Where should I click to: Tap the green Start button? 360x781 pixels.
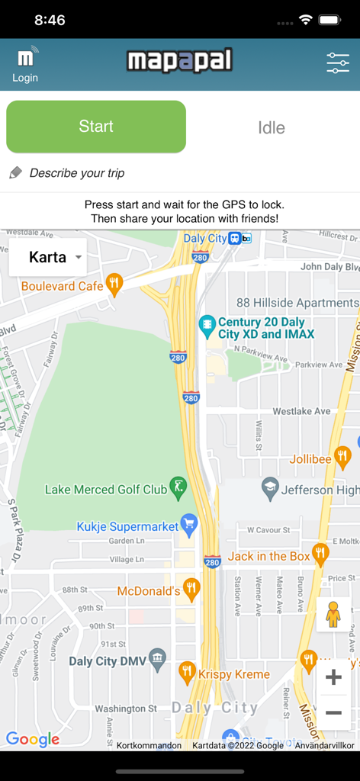(96, 127)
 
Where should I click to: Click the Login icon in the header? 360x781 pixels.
(25, 65)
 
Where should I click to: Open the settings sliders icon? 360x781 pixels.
(337, 63)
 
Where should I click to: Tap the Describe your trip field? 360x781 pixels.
(76, 173)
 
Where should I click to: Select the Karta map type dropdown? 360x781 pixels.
(47, 257)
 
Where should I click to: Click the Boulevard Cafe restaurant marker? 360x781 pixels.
(114, 284)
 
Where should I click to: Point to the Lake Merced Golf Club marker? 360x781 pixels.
(178, 487)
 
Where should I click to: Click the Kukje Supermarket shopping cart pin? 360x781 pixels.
(189, 525)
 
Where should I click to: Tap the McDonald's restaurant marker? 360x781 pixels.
(191, 589)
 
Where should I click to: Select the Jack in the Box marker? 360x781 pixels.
(320, 554)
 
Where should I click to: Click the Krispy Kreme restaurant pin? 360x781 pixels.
(187, 672)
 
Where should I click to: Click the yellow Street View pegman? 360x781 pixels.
(333, 615)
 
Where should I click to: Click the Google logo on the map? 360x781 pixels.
(33, 739)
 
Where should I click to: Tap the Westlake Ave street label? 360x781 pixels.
(302, 411)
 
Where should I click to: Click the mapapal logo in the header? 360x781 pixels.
(179, 61)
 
